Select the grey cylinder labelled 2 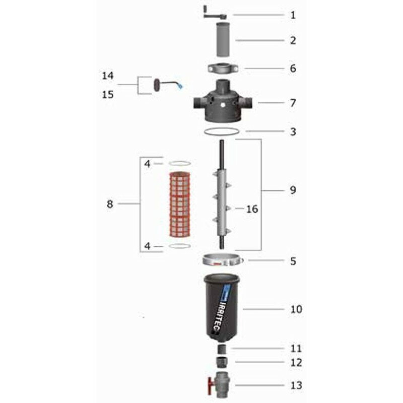click(223, 40)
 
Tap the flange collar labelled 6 click(223, 69)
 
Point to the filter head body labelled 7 click(223, 102)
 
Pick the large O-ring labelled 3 click(222, 131)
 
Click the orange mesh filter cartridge click(180, 205)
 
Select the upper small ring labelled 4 click(180, 163)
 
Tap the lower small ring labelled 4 click(180, 246)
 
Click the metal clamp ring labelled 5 click(223, 260)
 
